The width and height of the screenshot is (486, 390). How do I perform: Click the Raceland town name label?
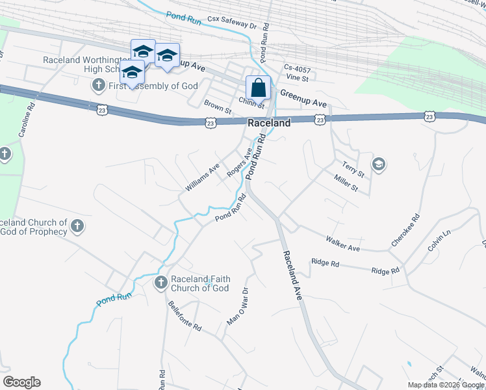click(269, 123)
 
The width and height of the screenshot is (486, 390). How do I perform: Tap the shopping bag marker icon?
click(258, 87)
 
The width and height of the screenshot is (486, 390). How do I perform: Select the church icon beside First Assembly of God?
click(98, 84)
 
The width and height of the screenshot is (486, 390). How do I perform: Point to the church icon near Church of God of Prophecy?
click(77, 226)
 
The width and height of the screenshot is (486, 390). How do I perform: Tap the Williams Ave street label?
click(203, 177)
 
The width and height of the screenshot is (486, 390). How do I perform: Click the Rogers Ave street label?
click(239, 162)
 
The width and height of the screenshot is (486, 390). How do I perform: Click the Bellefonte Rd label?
click(185, 317)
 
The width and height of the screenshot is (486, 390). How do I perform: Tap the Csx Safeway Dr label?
click(233, 23)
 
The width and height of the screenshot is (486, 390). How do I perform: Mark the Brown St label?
click(218, 107)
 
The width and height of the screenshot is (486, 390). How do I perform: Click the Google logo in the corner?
click(21, 382)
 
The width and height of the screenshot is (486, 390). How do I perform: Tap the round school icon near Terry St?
click(379, 164)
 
